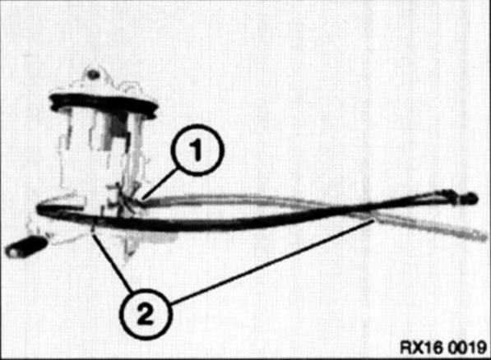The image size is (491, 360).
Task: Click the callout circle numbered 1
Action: [x=197, y=150]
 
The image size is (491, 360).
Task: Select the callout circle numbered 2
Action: [x=145, y=314]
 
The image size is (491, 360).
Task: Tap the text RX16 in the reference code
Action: [x=420, y=348]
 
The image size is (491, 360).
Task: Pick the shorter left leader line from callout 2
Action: [x=112, y=261]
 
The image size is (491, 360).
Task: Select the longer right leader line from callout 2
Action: [x=272, y=262]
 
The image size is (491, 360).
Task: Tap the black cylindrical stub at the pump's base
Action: [x=25, y=247]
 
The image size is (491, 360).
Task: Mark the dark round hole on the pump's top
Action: [x=93, y=75]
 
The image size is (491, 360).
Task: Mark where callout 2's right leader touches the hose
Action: [x=373, y=220]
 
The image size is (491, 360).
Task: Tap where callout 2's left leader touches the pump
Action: [x=92, y=229]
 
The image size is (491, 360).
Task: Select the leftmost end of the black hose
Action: [x=38, y=209]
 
